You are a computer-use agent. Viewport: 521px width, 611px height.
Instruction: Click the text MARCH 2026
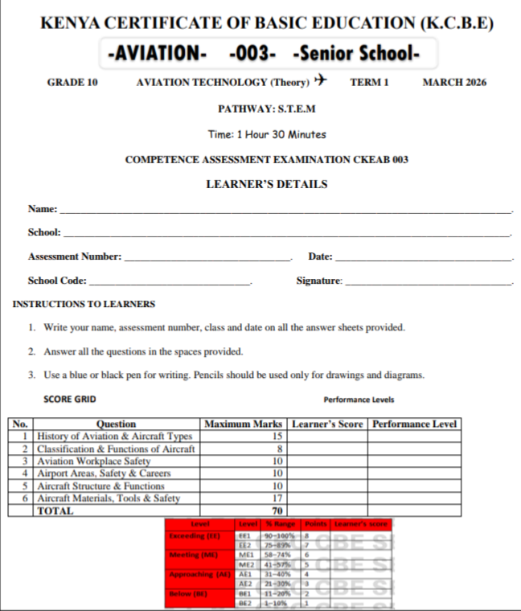point(454,82)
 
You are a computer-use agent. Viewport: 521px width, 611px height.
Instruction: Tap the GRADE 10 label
point(72,82)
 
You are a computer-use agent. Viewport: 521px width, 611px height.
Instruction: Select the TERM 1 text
point(369,82)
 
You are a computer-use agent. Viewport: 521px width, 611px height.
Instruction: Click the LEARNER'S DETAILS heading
point(266,184)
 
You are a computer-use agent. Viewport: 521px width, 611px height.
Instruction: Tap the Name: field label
point(43,209)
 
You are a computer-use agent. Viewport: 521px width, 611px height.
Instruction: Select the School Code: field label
point(57,281)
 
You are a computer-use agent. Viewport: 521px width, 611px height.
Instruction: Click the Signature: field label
point(319,281)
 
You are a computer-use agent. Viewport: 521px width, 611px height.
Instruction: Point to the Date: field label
point(320,256)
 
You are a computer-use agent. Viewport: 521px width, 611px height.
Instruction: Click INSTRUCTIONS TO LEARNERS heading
point(84,305)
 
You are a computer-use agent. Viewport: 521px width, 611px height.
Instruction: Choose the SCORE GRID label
point(70,399)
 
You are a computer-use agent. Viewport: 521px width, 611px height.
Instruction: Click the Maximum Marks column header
point(244,424)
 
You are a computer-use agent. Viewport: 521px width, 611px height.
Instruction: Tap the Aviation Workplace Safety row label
point(93,461)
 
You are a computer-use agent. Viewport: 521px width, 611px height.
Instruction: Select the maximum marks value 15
point(277,436)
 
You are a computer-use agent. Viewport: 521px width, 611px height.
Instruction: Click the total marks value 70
point(277,511)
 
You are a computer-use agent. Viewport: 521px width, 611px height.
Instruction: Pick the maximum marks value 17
point(277,498)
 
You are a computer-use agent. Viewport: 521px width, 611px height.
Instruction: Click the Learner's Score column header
point(327,424)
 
